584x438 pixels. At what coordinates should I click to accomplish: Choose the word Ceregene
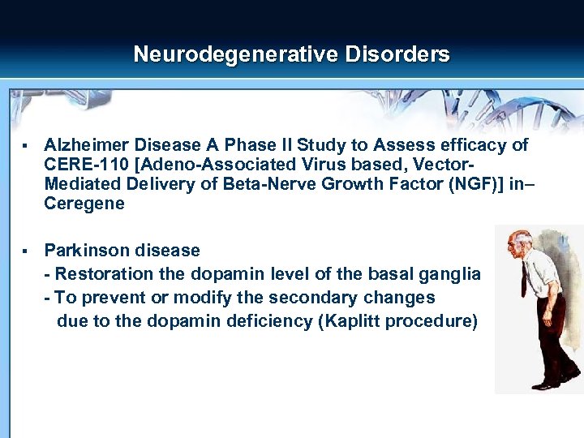click(x=84, y=204)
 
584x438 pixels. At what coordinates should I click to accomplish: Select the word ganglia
click(x=449, y=274)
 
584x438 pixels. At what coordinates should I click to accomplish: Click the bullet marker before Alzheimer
click(x=27, y=146)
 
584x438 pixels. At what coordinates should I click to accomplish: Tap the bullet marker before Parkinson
click(x=27, y=251)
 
